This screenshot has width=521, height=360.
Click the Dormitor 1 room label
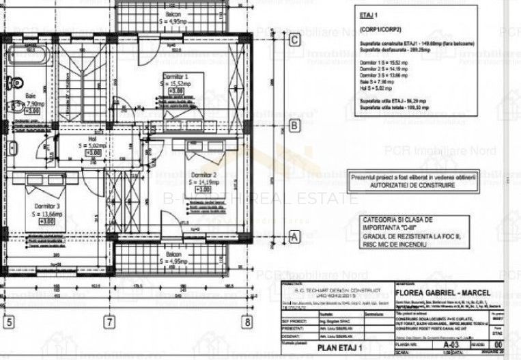[175, 76]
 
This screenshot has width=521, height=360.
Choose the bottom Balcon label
[177, 253]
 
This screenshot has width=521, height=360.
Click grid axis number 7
[108, 321]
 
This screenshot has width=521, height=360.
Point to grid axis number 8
[247, 321]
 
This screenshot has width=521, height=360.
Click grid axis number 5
[9, 321]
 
